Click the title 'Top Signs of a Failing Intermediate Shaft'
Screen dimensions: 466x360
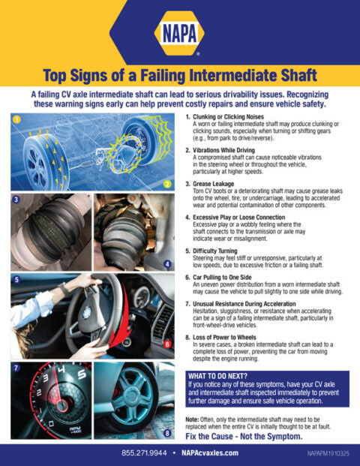(180, 75)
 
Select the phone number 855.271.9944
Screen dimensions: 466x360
(145, 453)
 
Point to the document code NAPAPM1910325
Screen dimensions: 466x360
(328, 454)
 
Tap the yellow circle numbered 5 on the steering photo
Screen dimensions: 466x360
(15, 279)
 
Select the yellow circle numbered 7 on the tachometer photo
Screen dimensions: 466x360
(15, 367)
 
